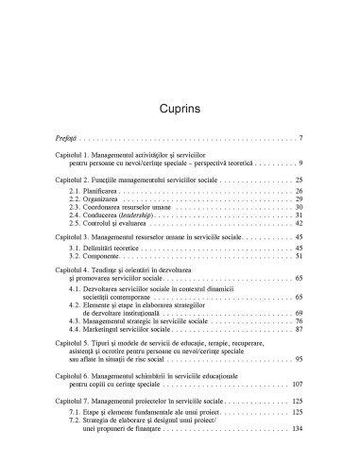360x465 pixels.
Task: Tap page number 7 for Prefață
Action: [x=300, y=140]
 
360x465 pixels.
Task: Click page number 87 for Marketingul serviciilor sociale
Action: [x=298, y=330]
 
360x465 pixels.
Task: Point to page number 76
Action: [x=298, y=321]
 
